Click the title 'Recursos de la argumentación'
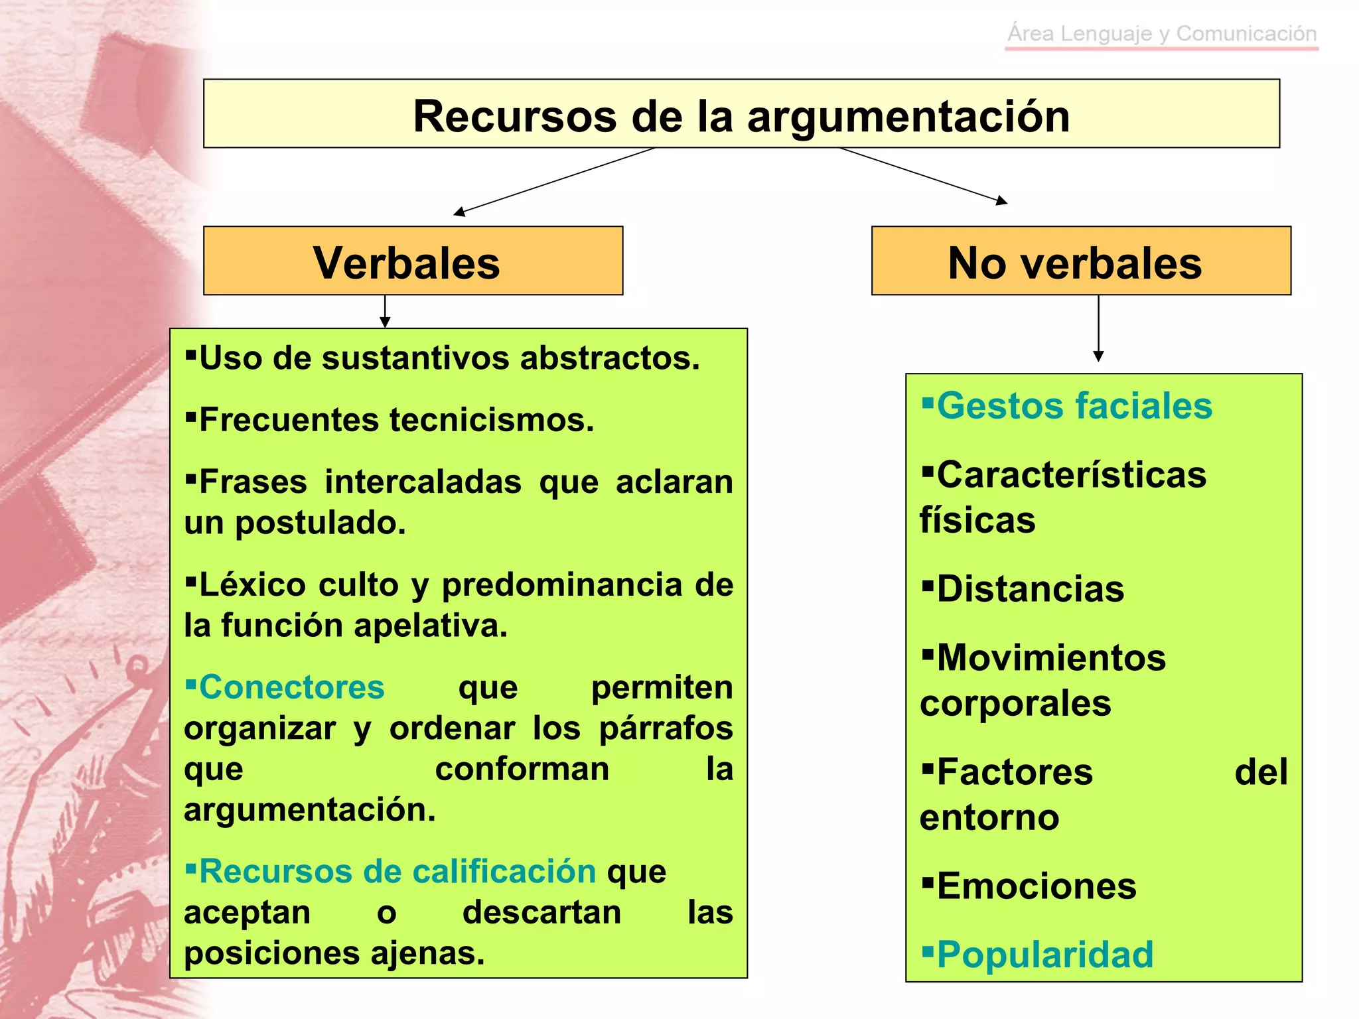(741, 116)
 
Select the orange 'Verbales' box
(413, 261)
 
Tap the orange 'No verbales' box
(1080, 261)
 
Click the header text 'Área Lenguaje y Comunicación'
(1162, 33)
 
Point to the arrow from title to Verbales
(554, 181)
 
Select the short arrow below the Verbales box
(385, 311)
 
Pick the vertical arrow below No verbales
(1098, 328)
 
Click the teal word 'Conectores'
(291, 687)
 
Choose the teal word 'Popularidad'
(1044, 955)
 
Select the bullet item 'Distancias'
(1030, 588)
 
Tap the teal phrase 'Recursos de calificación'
(397, 871)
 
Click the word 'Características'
(1071, 475)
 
